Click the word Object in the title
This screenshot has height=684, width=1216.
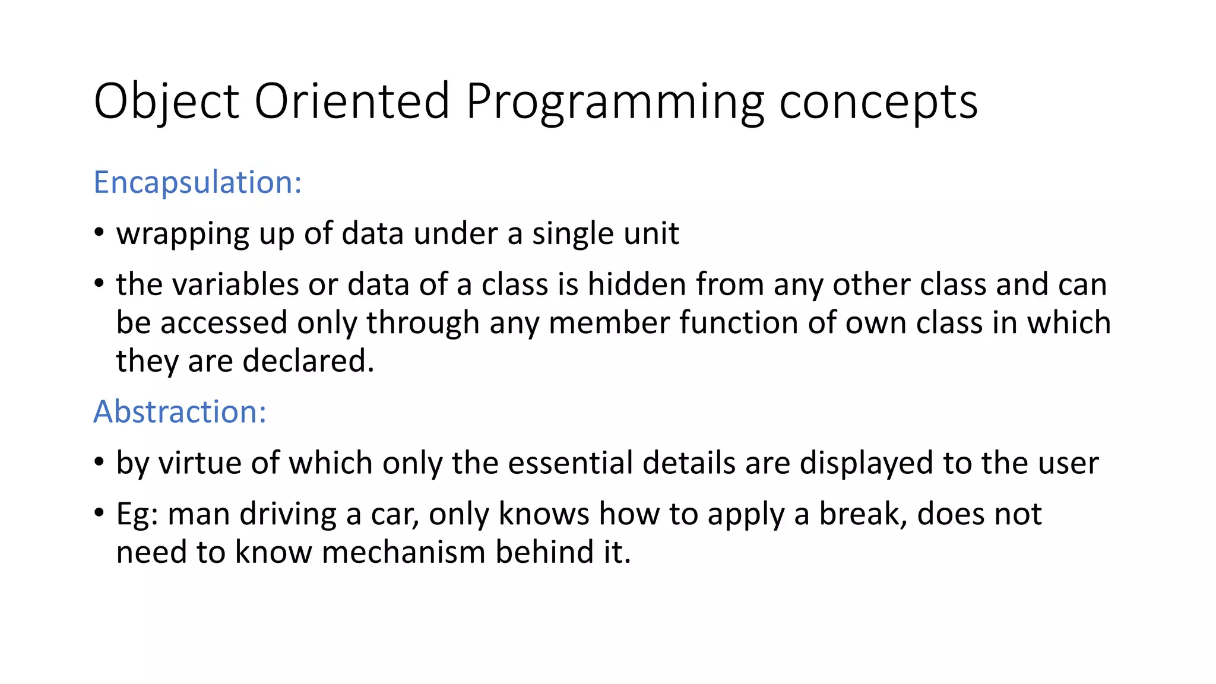(x=166, y=102)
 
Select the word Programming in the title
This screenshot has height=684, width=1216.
(x=615, y=102)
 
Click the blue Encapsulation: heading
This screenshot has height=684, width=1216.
(x=198, y=182)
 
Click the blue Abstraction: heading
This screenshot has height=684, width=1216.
(x=180, y=411)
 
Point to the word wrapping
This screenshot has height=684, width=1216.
(x=182, y=234)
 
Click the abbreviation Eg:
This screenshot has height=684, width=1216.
(x=137, y=514)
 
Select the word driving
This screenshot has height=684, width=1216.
(x=288, y=514)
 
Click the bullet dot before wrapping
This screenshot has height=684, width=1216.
(x=99, y=232)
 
